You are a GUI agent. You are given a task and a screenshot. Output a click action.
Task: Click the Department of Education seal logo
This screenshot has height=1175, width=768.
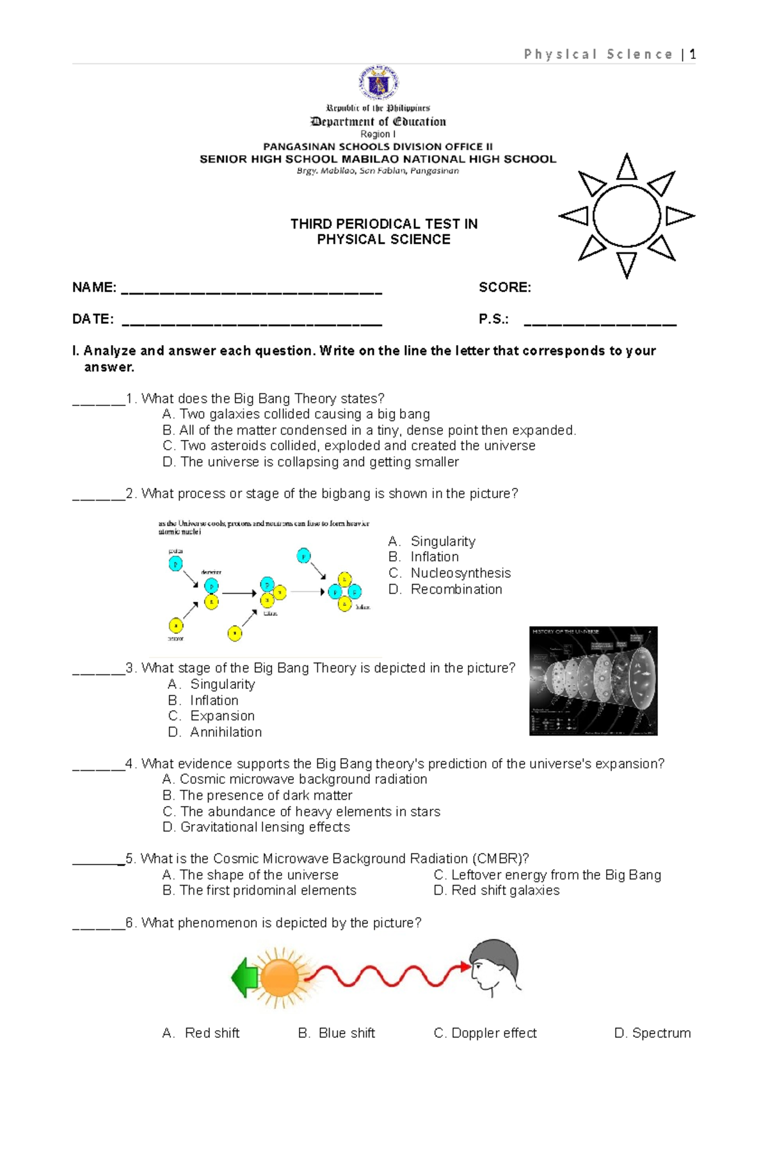[x=378, y=83]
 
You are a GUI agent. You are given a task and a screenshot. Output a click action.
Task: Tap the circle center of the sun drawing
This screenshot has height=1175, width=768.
[x=627, y=216]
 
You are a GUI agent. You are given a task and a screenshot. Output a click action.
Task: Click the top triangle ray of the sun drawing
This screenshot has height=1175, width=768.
[x=627, y=168]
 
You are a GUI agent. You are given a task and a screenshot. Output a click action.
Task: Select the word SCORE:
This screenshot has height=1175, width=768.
[x=505, y=288]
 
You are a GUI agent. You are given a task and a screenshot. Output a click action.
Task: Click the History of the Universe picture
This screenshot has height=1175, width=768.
[x=593, y=681]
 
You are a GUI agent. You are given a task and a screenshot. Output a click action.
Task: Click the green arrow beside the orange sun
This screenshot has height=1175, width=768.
[x=244, y=977]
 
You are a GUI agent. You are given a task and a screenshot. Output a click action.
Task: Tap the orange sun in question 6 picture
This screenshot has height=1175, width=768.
[x=280, y=977]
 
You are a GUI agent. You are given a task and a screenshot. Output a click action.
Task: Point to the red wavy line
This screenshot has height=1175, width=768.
[x=384, y=977]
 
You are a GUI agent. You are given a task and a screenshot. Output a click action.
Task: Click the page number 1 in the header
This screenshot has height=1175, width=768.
[x=692, y=54]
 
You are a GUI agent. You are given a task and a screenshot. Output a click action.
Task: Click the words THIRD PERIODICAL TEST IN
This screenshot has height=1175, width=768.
[x=384, y=224]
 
